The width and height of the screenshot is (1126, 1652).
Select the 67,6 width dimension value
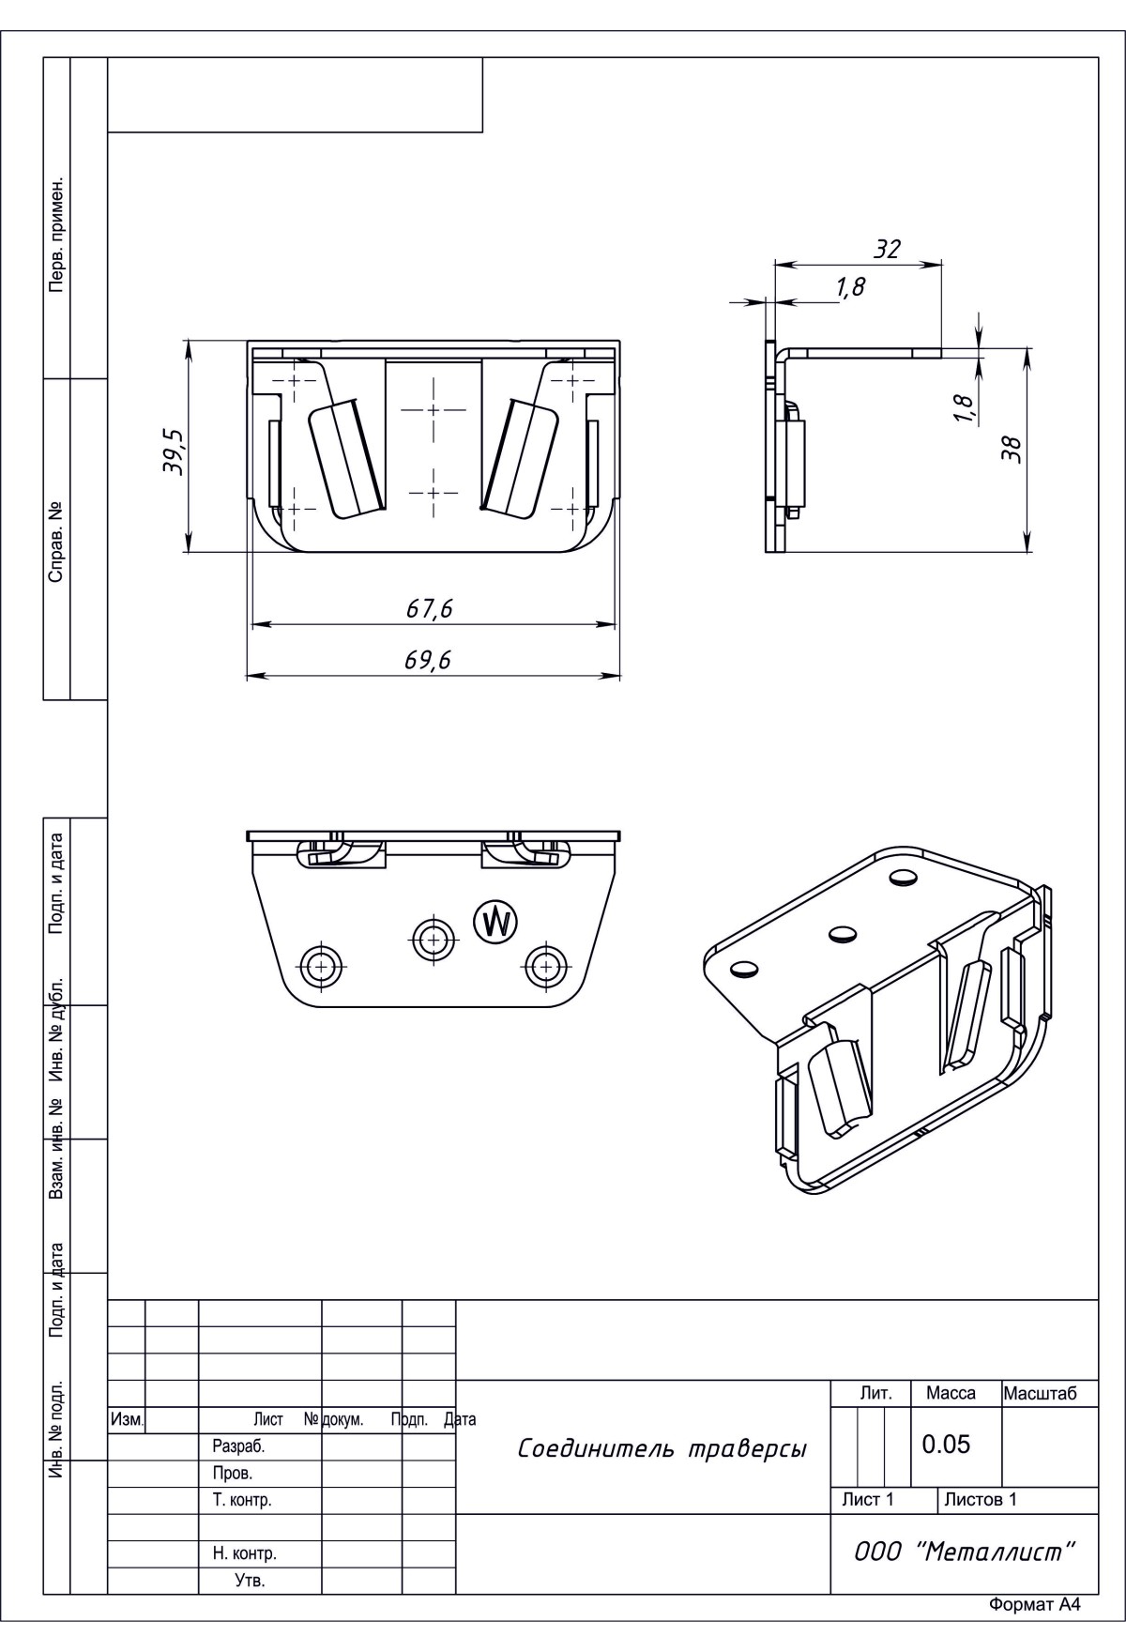(430, 609)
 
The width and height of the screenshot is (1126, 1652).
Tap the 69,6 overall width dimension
(428, 661)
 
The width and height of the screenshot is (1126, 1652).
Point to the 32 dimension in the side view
(887, 249)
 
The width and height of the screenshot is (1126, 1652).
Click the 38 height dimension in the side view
(1011, 450)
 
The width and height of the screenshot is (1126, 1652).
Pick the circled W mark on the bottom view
(495, 922)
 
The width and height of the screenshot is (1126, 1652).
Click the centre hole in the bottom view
(431, 937)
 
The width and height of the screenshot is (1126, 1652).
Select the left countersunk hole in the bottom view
(321, 964)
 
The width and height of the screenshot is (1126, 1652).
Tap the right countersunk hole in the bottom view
(545, 964)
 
